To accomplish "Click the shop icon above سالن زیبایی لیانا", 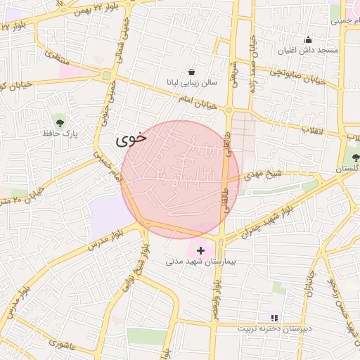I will [x=192, y=72].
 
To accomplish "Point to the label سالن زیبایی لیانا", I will [x=192, y=83].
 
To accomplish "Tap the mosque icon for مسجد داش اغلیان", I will [x=307, y=39].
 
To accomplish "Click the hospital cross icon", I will [x=201, y=250].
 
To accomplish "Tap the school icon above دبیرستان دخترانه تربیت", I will [x=274, y=318].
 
